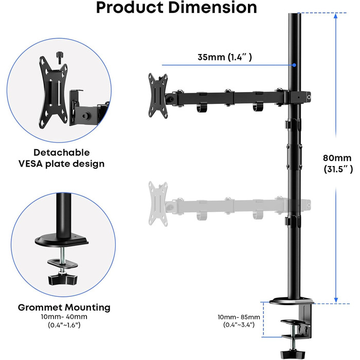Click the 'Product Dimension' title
(x=176, y=8)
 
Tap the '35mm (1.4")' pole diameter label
(x=225, y=58)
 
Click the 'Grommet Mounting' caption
(x=64, y=308)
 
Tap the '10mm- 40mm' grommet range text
(x=64, y=317)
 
